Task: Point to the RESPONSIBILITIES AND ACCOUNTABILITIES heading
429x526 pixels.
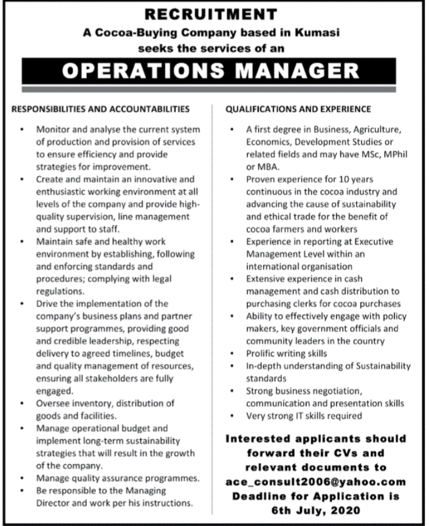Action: coord(101,109)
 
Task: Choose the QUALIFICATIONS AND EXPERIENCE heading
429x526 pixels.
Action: coord(298,109)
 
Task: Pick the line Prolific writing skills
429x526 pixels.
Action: coord(286,353)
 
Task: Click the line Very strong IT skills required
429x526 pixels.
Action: coord(304,416)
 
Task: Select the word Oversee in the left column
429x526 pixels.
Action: coord(53,403)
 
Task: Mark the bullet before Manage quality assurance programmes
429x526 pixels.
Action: coord(22,478)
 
